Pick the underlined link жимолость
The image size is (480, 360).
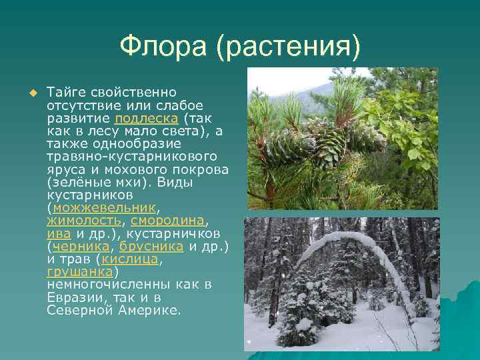pos(84,220)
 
